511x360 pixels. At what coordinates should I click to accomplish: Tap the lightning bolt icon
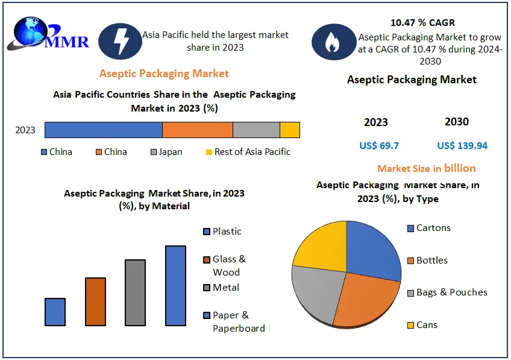coord(120,41)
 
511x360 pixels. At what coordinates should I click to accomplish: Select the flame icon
coord(332,42)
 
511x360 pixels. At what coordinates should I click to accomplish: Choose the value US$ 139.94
coord(462,145)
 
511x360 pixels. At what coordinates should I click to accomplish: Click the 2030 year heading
coord(457,122)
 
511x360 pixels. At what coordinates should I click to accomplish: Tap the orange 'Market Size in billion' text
coord(426,168)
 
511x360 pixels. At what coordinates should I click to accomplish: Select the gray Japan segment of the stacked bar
coord(256,130)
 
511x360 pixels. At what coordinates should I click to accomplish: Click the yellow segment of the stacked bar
coord(290,130)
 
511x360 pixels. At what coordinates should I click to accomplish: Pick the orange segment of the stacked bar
coord(198,130)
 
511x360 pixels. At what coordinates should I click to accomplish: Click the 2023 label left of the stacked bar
coord(25,130)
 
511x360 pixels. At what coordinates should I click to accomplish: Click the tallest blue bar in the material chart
coord(175,286)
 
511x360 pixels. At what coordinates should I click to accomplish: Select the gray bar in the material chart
coord(135,292)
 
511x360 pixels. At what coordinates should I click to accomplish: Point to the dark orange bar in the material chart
coord(95,302)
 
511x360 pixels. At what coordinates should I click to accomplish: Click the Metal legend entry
coord(221,288)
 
